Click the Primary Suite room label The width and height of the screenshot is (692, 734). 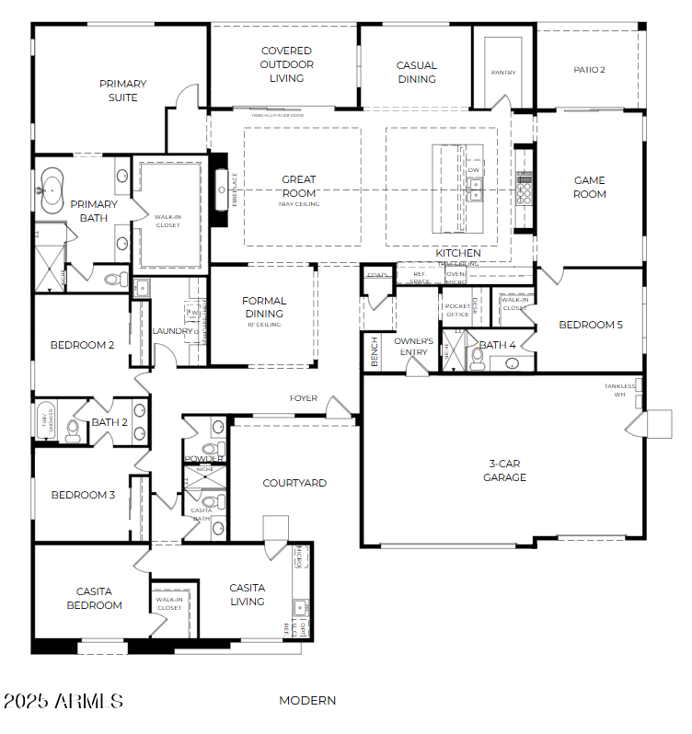click(123, 90)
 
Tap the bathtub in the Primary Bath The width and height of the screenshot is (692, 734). click(49, 190)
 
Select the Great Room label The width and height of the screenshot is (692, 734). click(298, 186)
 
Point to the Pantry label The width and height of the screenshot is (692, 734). click(502, 73)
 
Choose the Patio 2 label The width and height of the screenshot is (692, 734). click(589, 69)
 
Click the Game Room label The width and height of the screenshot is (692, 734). click(590, 188)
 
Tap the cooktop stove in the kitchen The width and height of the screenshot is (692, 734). click(525, 189)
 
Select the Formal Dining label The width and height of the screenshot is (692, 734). click(264, 307)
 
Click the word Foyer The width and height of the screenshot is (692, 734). click(304, 398)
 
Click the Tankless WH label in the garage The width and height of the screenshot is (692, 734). click(619, 390)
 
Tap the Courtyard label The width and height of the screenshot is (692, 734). click(294, 483)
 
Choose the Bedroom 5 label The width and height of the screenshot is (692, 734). click(591, 325)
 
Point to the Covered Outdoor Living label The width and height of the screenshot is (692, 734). click(286, 64)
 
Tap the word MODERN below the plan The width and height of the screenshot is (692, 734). click(307, 700)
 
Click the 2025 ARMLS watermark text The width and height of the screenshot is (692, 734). click(63, 701)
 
